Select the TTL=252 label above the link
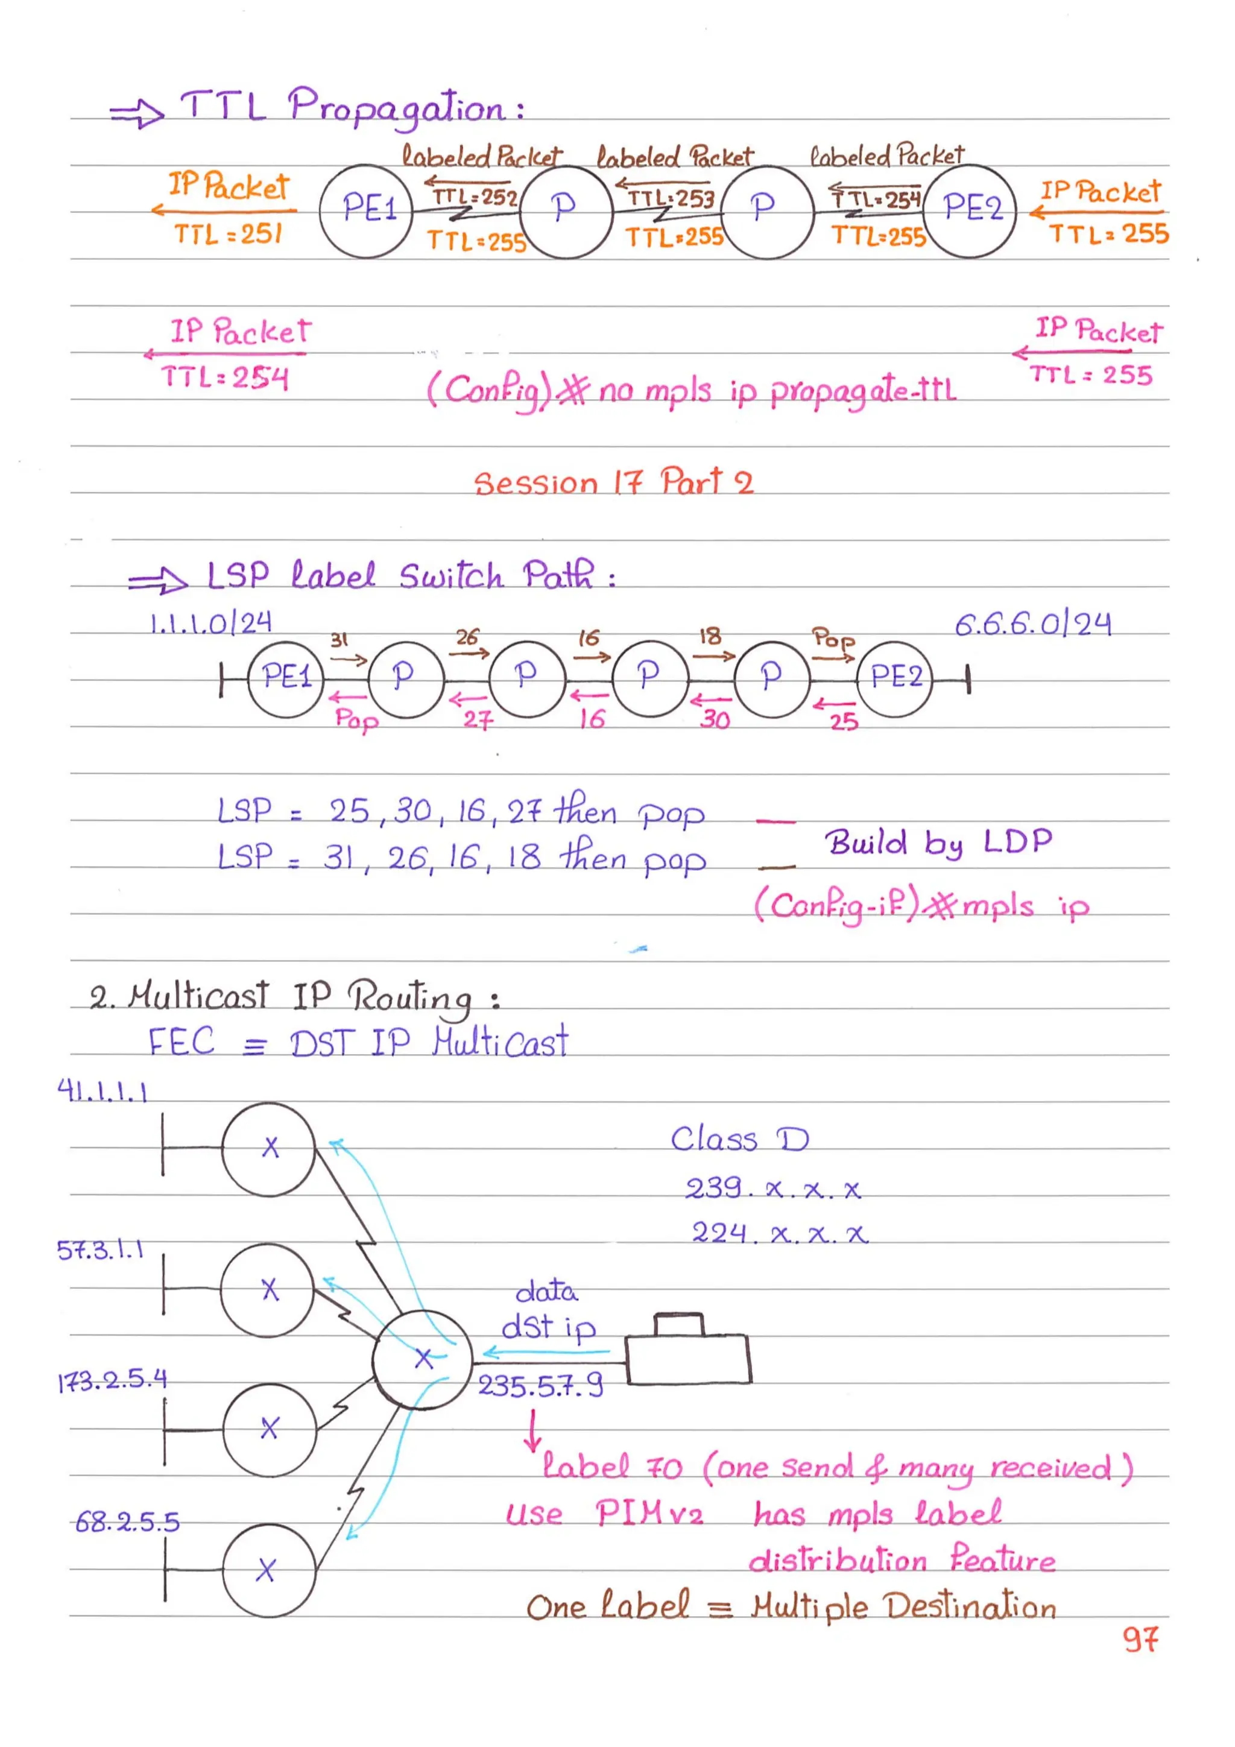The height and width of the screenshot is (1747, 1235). tap(474, 198)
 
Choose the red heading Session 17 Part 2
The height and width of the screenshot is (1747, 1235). tap(613, 482)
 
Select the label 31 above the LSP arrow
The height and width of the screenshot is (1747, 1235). tap(339, 640)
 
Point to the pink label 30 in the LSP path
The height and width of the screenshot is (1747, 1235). tap(715, 719)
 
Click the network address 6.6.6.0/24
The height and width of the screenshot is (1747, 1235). tap(1032, 625)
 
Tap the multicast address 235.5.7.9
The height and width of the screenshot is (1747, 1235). tap(540, 1386)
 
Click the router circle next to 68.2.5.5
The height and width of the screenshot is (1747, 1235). tap(268, 1570)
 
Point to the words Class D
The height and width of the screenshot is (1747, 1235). tap(739, 1140)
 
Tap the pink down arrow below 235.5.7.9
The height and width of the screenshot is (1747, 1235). tap(534, 1430)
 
